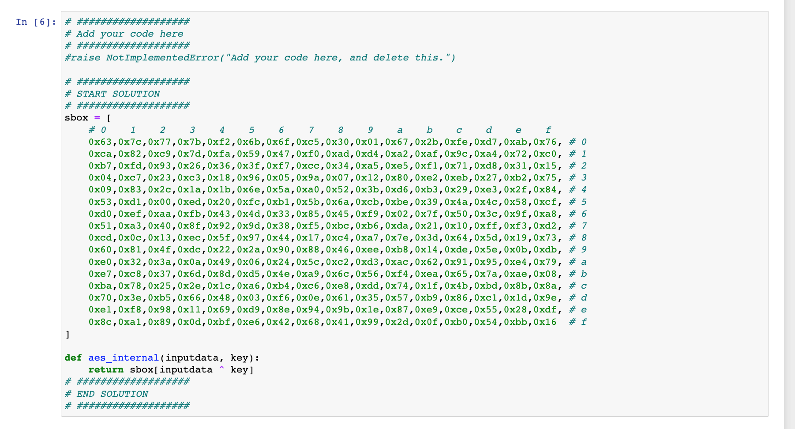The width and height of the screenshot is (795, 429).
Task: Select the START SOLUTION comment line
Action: pos(112,94)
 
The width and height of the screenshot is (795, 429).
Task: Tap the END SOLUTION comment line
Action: pos(106,394)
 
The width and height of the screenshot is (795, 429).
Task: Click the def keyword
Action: pos(73,358)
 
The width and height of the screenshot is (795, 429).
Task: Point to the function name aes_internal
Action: pos(123,358)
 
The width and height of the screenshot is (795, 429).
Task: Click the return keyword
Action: pos(105,370)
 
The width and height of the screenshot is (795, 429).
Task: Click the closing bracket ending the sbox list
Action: pos(67,335)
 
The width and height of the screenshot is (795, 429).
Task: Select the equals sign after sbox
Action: pos(97,118)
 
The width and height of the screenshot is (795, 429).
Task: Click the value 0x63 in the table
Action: pos(100,142)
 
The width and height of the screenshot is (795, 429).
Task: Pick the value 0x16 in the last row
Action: pos(545,322)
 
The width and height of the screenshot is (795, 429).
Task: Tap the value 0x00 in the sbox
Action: pos(159,202)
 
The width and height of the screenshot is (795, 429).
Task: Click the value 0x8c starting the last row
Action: pos(100,322)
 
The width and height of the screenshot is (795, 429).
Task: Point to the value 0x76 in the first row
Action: pos(545,142)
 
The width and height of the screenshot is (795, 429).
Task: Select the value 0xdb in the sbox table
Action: pos(545,249)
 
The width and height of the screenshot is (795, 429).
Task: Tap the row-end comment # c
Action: pos(578,286)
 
